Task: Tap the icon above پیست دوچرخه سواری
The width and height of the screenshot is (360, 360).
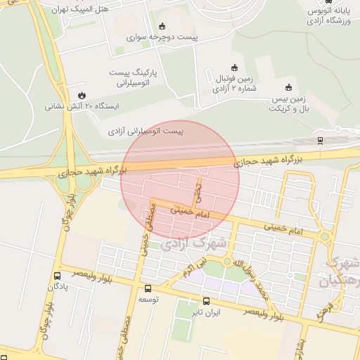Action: [163, 25]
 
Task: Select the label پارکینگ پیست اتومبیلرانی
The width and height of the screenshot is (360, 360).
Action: [134, 77]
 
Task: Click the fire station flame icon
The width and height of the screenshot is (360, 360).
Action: [82, 95]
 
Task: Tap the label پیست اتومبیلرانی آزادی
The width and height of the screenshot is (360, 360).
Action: [146, 131]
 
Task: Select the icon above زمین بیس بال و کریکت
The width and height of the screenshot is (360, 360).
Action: [288, 87]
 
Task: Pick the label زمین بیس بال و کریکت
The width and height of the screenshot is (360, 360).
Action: [290, 104]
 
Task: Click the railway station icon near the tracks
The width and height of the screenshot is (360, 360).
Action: [320, 140]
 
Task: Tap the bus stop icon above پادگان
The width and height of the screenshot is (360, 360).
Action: [57, 276]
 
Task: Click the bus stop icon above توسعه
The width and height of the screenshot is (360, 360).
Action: [147, 288]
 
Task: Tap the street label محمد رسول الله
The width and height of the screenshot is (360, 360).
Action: [252, 275]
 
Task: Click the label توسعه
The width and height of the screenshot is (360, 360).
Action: [147, 300]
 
